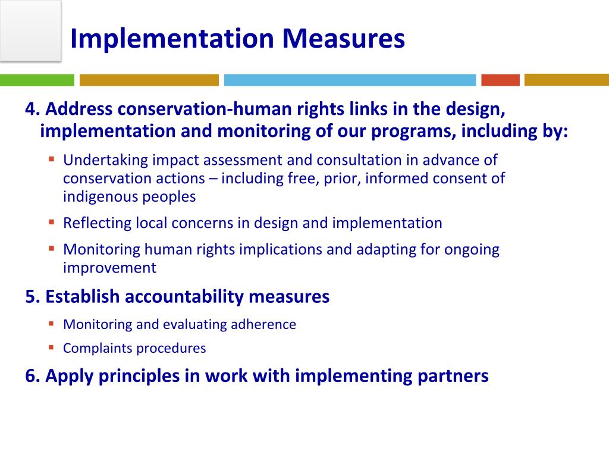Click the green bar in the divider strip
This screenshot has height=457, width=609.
37,80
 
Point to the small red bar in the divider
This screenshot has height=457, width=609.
500,80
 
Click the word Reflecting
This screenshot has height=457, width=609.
97,223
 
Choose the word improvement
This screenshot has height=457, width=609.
109,268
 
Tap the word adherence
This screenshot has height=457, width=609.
266,325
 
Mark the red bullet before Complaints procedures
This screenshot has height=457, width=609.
52,347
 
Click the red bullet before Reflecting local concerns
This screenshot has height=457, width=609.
52,222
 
